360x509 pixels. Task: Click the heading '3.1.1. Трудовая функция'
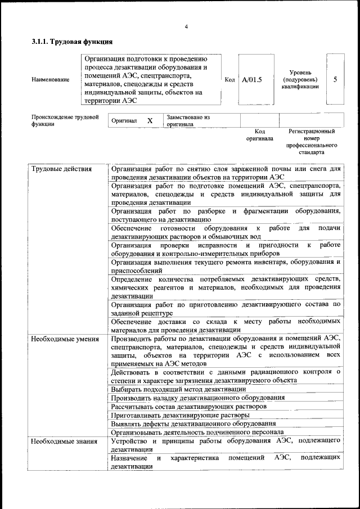pos(73,42)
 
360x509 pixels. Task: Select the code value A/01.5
pos(252,79)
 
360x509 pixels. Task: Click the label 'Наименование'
pos(51,80)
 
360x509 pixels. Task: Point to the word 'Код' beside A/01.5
pos(229,79)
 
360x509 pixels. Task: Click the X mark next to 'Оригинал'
pos(150,121)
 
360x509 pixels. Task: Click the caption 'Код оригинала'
pos(259,134)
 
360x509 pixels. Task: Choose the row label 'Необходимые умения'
pos(65,339)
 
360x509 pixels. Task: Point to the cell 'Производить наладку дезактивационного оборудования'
pos(197,398)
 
